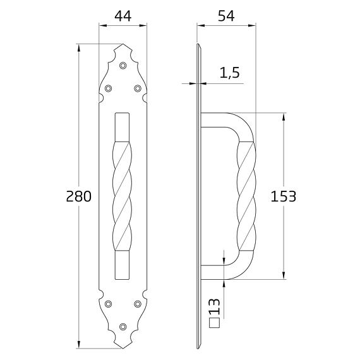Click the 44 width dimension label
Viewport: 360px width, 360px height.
click(x=123, y=16)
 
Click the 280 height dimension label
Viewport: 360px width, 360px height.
click(x=79, y=196)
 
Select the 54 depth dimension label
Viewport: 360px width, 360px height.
click(x=226, y=16)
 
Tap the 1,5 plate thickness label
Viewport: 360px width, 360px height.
click(x=230, y=73)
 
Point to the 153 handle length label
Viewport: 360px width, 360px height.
click(x=284, y=196)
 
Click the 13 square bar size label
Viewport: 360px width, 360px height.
click(x=215, y=306)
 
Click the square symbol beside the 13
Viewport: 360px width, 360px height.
click(x=215, y=323)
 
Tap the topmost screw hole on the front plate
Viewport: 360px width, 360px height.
click(x=123, y=66)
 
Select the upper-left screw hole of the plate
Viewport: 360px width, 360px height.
click(x=108, y=88)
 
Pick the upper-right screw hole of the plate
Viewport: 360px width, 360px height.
click(x=138, y=88)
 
